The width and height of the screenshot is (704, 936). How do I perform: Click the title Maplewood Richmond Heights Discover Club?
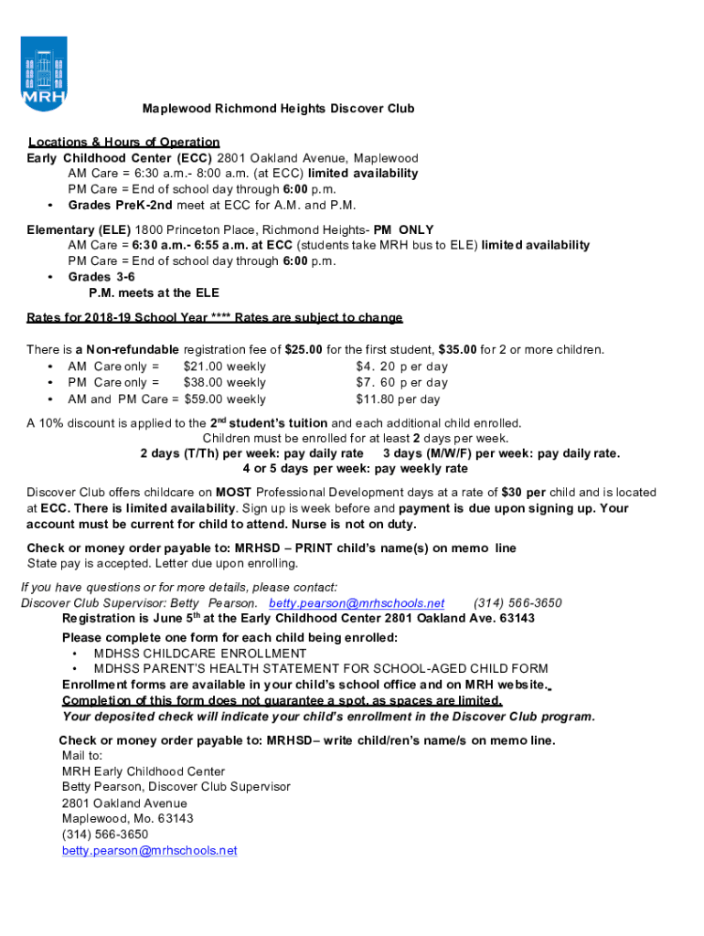click(x=278, y=109)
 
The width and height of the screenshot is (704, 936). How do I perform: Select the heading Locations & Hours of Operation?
click(x=123, y=142)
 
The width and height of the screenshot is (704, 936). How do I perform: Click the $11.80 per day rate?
click(x=398, y=399)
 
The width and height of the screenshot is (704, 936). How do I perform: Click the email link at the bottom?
click(x=149, y=850)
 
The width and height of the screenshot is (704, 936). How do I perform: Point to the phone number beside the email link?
click(x=517, y=603)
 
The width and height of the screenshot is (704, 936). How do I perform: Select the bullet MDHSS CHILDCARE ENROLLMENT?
click(x=200, y=654)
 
